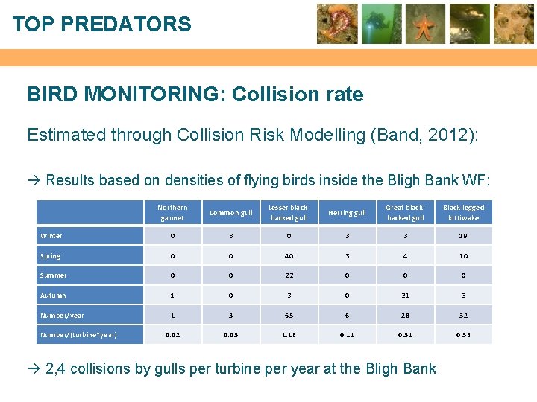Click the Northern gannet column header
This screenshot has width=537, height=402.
[172, 212]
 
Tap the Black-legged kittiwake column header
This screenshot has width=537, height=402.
[463, 212]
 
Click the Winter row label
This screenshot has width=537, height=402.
[51, 236]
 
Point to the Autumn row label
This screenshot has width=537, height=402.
[53, 296]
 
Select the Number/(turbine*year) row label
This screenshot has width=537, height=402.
[78, 335]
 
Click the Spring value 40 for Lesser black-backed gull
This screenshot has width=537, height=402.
[289, 256]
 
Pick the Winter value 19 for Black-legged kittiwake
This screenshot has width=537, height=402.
[463, 236]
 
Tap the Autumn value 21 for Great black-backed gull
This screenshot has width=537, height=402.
[405, 296]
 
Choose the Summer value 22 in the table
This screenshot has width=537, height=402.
[289, 275]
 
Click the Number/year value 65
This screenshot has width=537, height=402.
[289, 316]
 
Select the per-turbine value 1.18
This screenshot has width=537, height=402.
[289, 335]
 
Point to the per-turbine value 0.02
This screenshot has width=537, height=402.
[172, 335]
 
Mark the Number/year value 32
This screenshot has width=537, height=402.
[463, 316]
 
